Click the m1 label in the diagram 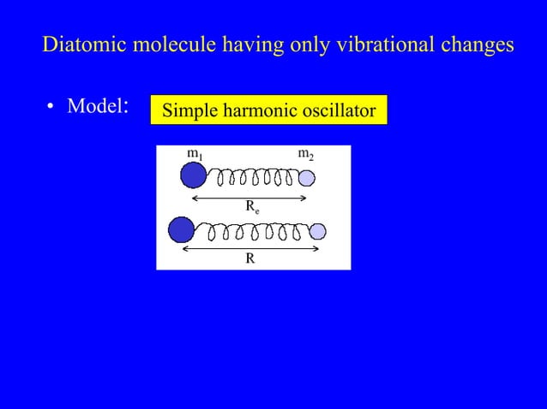point(195,154)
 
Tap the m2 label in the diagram point(305,154)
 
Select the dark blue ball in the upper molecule point(194,175)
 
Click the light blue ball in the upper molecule point(307,178)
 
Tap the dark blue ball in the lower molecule point(182,229)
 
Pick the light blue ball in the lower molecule point(317,231)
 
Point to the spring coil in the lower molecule point(253,231)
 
